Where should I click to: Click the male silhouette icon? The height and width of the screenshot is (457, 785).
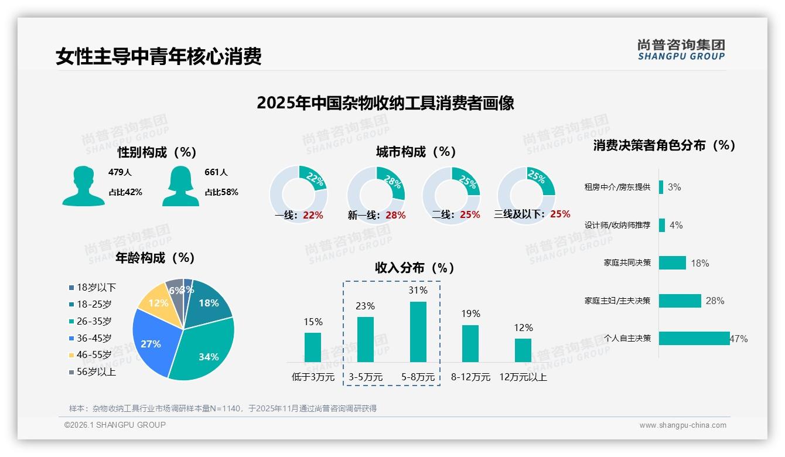click(83, 186)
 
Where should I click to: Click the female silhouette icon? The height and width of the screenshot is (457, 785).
click(180, 186)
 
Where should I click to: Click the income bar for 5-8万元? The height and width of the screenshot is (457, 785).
click(418, 332)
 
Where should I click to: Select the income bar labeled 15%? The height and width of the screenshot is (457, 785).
click(313, 347)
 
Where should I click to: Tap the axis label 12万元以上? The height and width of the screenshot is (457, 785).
click(523, 377)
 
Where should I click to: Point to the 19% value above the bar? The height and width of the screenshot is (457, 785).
click(470, 314)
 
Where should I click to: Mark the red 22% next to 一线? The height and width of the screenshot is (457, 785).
click(313, 215)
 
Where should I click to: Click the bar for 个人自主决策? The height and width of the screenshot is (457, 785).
click(694, 338)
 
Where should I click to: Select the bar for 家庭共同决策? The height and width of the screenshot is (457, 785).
click(672, 262)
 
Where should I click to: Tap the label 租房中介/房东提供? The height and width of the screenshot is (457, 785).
click(617, 187)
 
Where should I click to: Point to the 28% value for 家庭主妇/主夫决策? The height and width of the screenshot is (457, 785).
click(715, 301)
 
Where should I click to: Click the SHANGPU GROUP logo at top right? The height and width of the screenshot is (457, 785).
click(681, 50)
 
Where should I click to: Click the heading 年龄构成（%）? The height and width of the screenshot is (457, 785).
click(155, 257)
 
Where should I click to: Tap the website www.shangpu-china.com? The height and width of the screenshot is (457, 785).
click(682, 425)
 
